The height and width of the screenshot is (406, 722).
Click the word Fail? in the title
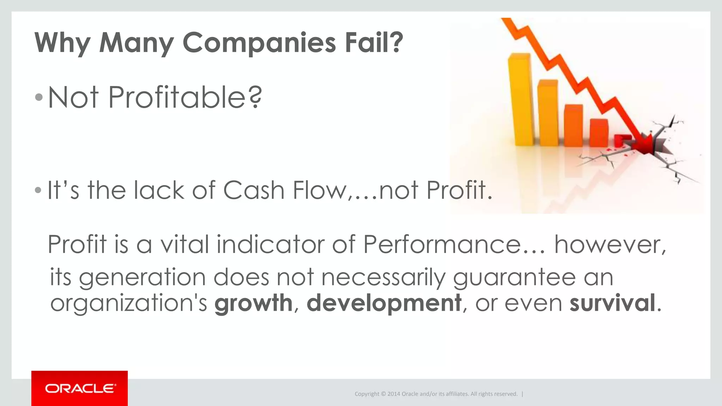(374, 42)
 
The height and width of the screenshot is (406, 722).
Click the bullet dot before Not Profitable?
(39, 97)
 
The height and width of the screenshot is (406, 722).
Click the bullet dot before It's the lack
(38, 191)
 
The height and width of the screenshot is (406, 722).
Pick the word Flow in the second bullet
(319, 190)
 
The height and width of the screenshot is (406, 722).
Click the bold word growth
(253, 303)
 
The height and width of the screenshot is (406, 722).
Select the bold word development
(384, 303)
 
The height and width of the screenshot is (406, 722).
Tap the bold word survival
(612, 303)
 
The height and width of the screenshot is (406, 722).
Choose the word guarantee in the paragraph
(514, 277)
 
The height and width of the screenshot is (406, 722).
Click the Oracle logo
(80, 388)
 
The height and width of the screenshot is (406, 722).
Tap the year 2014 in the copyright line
(394, 394)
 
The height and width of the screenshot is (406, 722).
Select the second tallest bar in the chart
(547, 113)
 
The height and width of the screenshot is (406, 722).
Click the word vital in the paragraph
(185, 244)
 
